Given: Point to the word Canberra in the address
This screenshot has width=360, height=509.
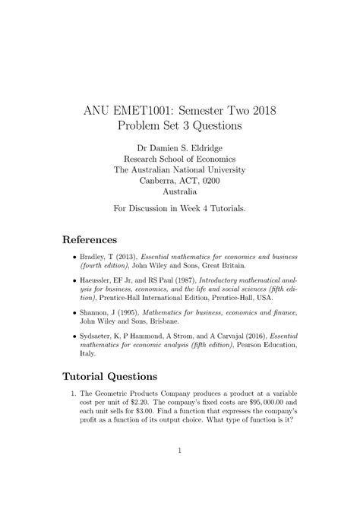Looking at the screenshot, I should (x=162, y=181).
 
